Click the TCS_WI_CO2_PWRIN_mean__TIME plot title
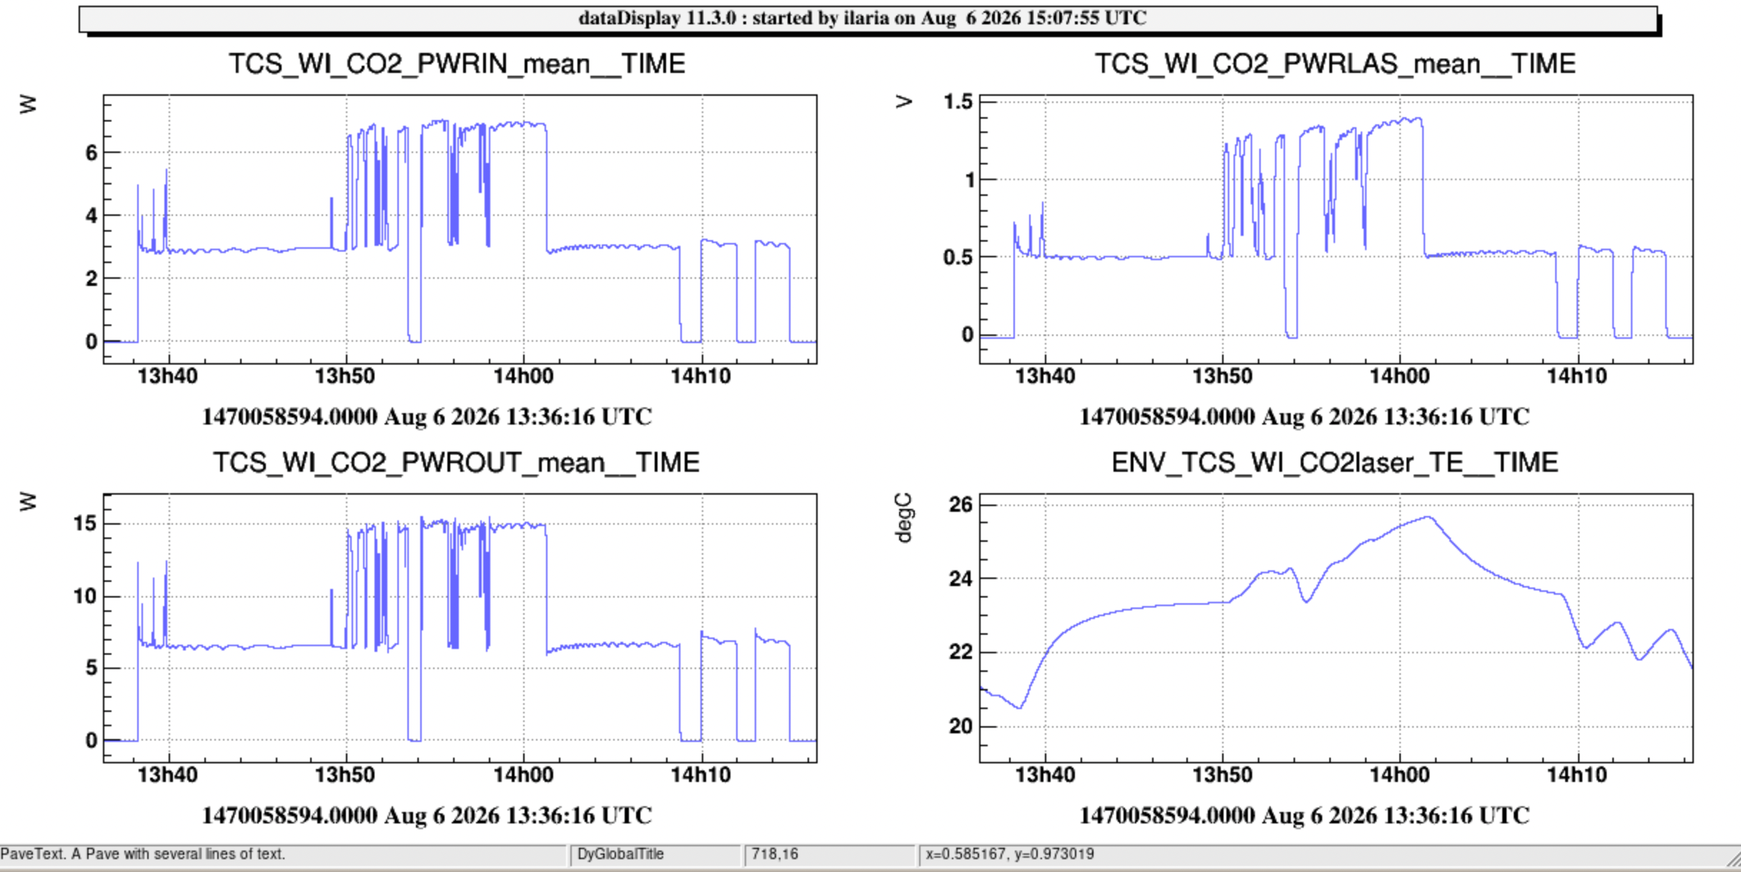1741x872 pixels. [x=457, y=64]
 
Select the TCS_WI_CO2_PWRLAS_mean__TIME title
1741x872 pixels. [x=1334, y=64]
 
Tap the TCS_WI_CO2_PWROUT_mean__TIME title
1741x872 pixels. [x=456, y=463]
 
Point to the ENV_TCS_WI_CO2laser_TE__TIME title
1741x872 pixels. [x=1334, y=462]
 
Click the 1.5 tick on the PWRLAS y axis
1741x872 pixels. [x=958, y=102]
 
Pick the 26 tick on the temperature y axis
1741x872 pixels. [x=961, y=505]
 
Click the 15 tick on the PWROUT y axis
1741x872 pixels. [x=84, y=523]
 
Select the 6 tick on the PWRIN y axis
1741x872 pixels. [x=91, y=152]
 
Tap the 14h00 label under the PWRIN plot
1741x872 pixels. [x=523, y=376]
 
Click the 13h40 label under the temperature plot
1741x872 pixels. [x=1045, y=775]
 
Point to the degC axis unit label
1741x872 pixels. [x=904, y=518]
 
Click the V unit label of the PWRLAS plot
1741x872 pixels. [x=904, y=102]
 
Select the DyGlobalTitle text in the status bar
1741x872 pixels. [x=620, y=854]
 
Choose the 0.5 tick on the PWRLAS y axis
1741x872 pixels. [x=958, y=257]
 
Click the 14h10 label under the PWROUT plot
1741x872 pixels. [x=700, y=775]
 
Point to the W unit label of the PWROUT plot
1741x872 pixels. [x=27, y=502]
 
